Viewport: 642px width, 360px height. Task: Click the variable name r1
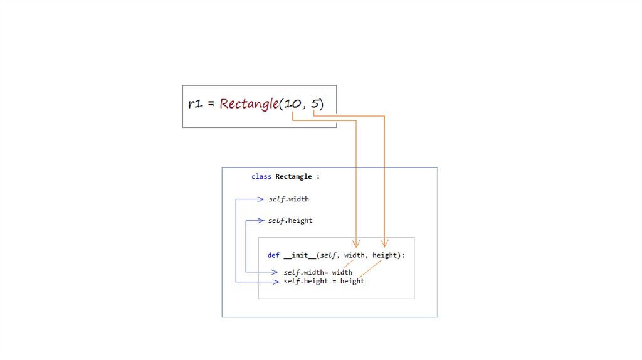(194, 104)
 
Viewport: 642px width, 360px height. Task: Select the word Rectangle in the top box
(249, 104)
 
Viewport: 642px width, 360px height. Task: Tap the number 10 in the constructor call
(292, 104)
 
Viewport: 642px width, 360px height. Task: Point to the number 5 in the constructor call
(314, 104)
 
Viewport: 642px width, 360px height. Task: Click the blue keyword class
(261, 177)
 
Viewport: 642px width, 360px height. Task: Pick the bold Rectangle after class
(293, 177)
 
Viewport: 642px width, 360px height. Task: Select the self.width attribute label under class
(288, 199)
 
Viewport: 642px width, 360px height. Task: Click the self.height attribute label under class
(290, 221)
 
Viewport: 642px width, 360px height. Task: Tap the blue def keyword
(273, 255)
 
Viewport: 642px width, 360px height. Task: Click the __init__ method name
(300, 255)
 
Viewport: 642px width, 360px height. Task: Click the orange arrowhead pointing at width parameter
(356, 243)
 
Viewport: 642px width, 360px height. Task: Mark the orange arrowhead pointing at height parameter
(384, 243)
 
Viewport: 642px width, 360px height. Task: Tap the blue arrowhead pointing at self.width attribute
(261, 199)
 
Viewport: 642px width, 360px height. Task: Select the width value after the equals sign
(342, 272)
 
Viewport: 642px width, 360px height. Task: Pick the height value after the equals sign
(352, 281)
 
